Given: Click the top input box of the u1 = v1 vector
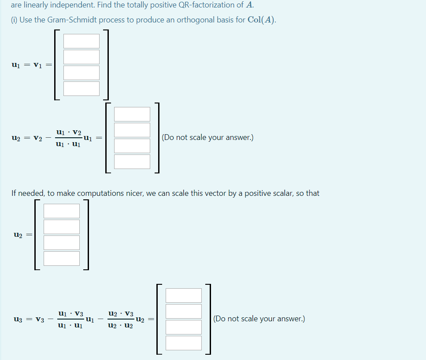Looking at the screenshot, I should click(81, 41).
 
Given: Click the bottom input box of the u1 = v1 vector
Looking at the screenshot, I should click(81, 88).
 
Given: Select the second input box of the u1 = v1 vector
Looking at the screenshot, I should click(81, 57).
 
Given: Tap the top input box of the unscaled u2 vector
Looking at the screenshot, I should click(132, 114).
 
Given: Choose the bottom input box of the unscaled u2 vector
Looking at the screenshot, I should click(132, 162).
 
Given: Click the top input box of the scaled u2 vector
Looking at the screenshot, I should click(62, 211).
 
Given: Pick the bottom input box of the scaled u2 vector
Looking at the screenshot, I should click(62, 258).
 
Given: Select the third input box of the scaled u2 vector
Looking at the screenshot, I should click(62, 242).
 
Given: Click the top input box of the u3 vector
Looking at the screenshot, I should click(184, 295).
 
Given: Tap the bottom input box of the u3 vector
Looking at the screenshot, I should click(184, 343).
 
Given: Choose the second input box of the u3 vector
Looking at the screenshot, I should click(184, 311).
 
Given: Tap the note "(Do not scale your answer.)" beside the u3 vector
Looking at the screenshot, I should click(259, 319).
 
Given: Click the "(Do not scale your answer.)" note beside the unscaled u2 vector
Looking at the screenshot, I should click(207, 137).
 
